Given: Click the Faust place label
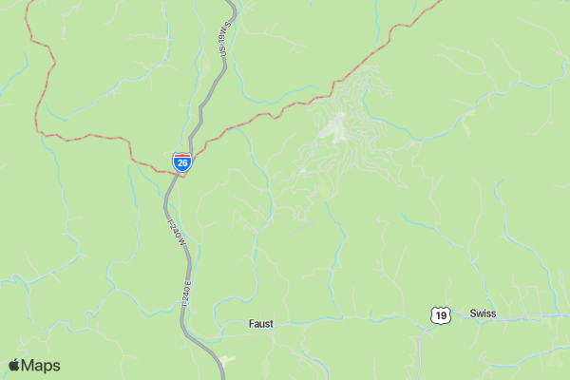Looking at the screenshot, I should pos(260,324).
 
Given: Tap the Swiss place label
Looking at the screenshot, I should pos(483,313).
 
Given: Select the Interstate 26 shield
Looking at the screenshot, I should pos(182,161).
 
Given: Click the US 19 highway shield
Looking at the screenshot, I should pos(438,315).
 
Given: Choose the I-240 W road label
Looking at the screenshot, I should pos(177,234).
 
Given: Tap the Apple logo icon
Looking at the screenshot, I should pos(14,366).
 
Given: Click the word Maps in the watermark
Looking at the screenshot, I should pos(41,366).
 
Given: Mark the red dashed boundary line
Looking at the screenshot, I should pos(85,137).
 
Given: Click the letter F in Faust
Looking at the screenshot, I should pos(251,324).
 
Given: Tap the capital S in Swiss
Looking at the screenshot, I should pos(473,313).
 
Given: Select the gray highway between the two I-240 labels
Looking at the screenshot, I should pos(180,261).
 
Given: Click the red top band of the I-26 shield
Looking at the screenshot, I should pos(182,156).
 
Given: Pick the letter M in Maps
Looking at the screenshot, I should pos(28,366).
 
